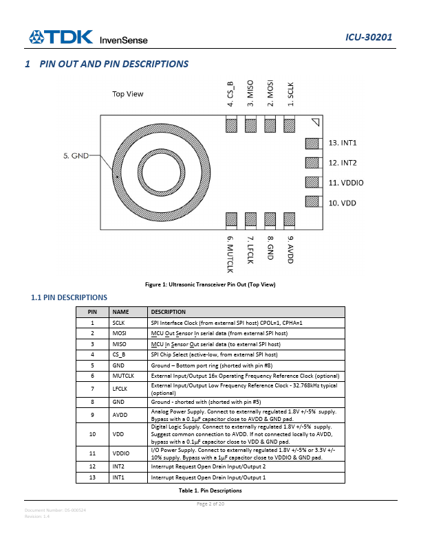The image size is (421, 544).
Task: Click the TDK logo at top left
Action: tap(61, 37)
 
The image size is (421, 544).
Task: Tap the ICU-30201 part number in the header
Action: tap(369, 37)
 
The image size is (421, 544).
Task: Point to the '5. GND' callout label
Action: tap(76, 156)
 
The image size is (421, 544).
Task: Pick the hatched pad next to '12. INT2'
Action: tap(312, 163)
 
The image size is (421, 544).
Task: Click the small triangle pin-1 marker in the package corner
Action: tap(315, 122)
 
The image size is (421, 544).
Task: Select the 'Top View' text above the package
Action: tap(128, 94)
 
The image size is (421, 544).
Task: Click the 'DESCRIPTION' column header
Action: tap(168, 312)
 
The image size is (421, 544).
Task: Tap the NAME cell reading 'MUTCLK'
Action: tap(123, 376)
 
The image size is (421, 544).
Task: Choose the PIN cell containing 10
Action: tap(92, 434)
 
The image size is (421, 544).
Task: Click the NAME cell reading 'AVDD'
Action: tap(120, 414)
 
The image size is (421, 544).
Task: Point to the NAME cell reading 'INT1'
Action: tap(119, 477)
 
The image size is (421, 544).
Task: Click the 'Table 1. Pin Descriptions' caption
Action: tap(210, 490)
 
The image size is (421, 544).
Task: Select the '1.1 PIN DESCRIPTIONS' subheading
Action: tap(69, 297)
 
